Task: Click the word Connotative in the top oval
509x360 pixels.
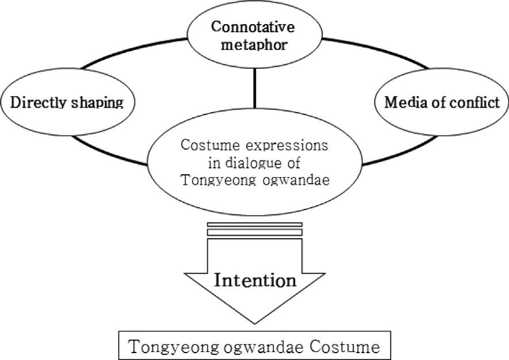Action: tap(254, 27)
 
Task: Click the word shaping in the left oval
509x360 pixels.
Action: tap(101, 104)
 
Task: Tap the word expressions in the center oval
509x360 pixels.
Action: tap(287, 146)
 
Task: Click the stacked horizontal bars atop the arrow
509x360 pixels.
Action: tap(254, 228)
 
